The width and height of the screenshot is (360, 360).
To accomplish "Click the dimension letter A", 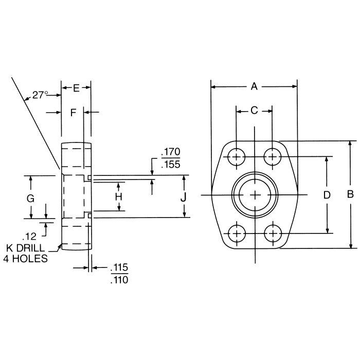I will [x=254, y=87].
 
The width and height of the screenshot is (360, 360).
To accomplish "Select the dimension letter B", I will [x=350, y=194].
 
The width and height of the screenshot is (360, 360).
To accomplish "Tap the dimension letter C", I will [x=254, y=111].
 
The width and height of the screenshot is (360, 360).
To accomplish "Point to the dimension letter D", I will [x=326, y=195].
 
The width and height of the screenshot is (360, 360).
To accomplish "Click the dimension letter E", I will [x=76, y=88].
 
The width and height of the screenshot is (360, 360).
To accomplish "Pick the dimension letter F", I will [x=73, y=112].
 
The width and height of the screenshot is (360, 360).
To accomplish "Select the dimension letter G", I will [x=30, y=198].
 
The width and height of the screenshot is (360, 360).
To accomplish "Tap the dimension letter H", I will [x=118, y=196].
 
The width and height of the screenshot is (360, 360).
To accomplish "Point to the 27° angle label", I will [x=41, y=95].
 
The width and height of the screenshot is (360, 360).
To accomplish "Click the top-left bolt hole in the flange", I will [x=237, y=156].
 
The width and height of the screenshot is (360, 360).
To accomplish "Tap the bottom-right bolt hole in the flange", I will [x=272, y=233].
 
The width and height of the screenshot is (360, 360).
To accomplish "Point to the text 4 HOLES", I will [x=27, y=259].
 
